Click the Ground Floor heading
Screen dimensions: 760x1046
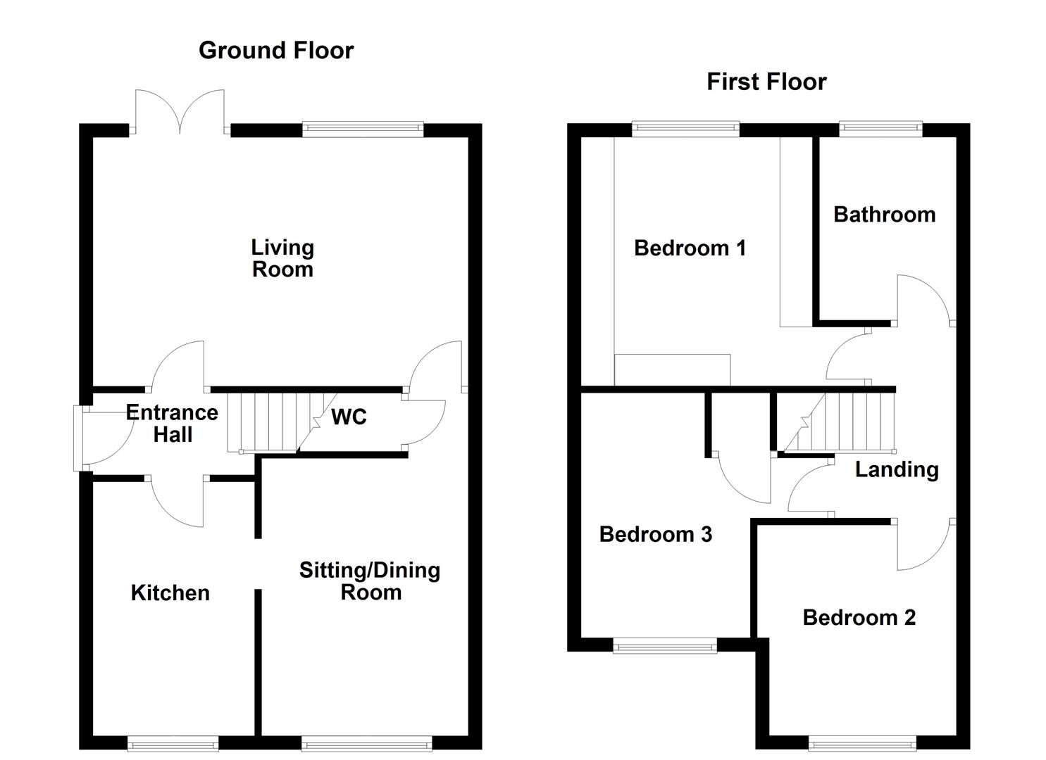coord(276,51)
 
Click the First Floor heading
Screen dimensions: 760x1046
coord(766,82)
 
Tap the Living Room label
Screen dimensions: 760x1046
coord(282,258)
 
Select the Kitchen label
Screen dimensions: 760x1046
coord(170,593)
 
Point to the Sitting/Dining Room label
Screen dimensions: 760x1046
coord(370,581)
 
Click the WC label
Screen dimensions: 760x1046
coord(349,417)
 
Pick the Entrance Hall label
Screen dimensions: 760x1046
coord(172,424)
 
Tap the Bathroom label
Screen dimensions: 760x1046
coord(884,215)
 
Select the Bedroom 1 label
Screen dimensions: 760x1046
coord(690,248)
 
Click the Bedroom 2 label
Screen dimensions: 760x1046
coord(859,618)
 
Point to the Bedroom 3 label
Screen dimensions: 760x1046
coord(655,535)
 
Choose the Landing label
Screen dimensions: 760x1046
coord(897,470)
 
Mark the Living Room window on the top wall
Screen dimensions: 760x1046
coord(363,129)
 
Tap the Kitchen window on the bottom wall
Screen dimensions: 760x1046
coord(173,743)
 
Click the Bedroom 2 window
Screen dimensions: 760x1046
coord(863,743)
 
